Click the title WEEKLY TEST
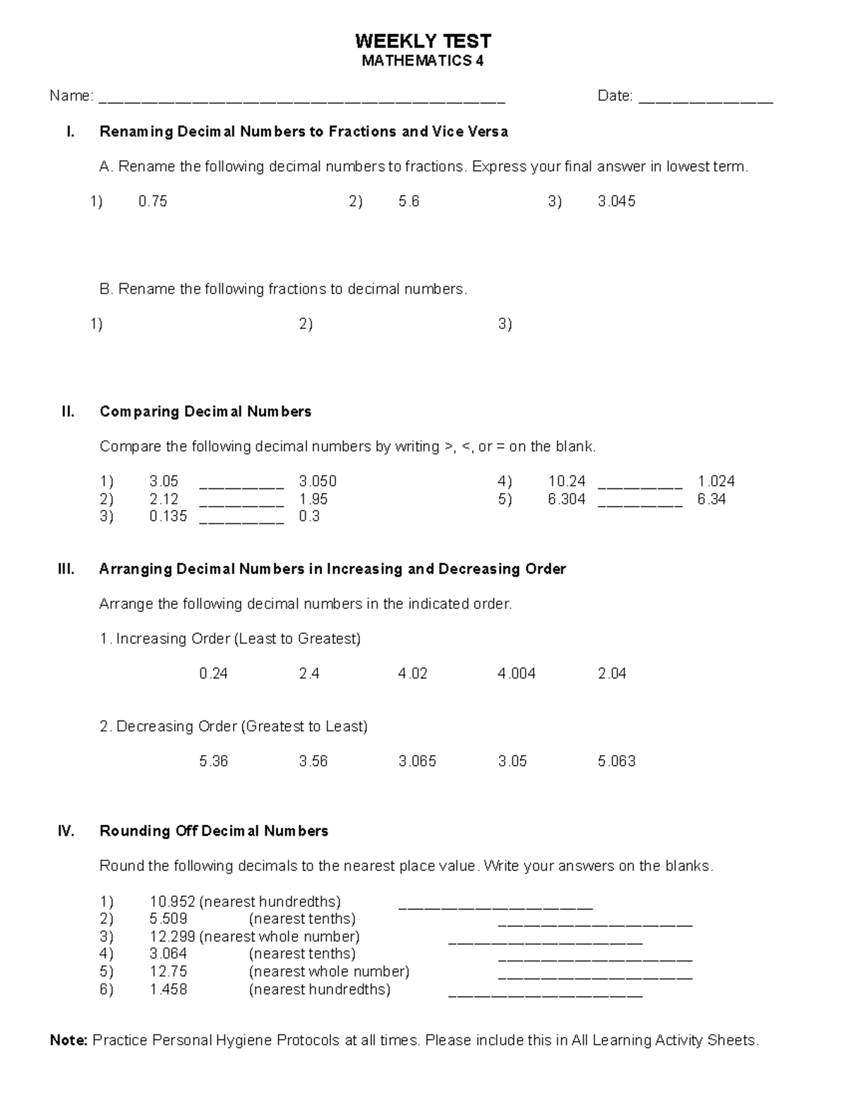[x=423, y=41]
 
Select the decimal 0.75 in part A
[x=152, y=202]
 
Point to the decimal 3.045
[x=616, y=202]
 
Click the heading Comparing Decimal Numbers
[x=205, y=411]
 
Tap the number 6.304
[x=566, y=500]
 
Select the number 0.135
[x=168, y=517]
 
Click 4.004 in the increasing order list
[x=516, y=674]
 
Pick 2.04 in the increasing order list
[x=612, y=674]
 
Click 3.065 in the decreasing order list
[x=417, y=761]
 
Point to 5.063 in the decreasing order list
[x=616, y=761]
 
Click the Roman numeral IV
[x=66, y=831]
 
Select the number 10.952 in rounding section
[x=172, y=902]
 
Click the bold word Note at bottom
[x=68, y=1041]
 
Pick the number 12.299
[x=172, y=937]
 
